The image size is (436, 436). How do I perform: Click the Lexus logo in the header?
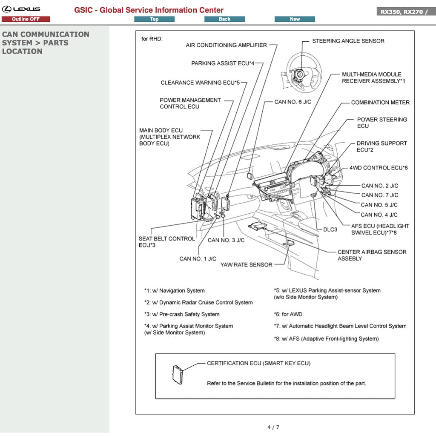pos(21,9)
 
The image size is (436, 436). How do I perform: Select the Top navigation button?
pos(154,19)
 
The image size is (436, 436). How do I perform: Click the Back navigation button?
pos(224,19)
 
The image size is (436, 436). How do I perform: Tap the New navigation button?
pos(295,19)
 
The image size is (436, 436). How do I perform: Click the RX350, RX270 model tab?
pos(404,11)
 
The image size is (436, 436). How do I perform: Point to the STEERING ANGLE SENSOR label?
pos(348,41)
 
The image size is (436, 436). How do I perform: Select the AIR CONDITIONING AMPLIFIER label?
pos(226,45)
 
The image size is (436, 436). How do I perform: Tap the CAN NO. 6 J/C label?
pos(293,102)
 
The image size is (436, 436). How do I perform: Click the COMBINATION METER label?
pos(380,103)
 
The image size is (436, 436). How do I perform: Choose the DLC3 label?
pos(330,229)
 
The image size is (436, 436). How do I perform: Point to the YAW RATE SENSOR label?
pos(246,265)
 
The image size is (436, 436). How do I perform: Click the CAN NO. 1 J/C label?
pos(198,259)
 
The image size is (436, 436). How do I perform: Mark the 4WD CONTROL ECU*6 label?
pos(378,168)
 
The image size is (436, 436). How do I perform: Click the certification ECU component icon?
pos(178,374)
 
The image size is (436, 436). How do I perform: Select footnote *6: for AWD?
pos(288,314)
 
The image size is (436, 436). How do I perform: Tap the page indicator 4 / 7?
pos(273,427)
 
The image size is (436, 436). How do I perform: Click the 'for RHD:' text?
pos(152,39)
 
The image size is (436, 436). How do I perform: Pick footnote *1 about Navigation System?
pos(174,291)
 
